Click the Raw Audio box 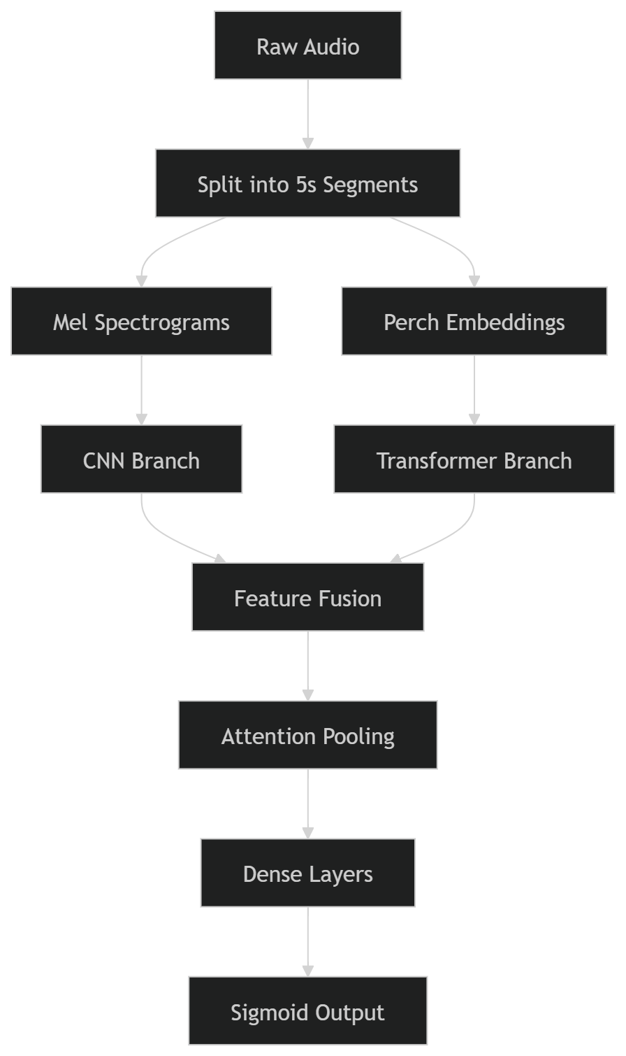point(307,46)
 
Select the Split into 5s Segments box point(307,184)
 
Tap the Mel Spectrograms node point(141,322)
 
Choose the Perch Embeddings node point(474,322)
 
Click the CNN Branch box point(141,459)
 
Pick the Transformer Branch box point(474,459)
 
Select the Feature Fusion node point(307,598)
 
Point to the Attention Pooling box point(307,736)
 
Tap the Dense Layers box point(307,873)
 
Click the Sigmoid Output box point(307,1011)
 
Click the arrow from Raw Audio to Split point(307,112)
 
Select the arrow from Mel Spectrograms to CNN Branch point(141,388)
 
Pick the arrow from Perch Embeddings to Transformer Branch point(474,388)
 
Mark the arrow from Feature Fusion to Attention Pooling point(307,664)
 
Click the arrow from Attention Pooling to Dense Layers point(307,802)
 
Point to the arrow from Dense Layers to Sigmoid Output point(307,940)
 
